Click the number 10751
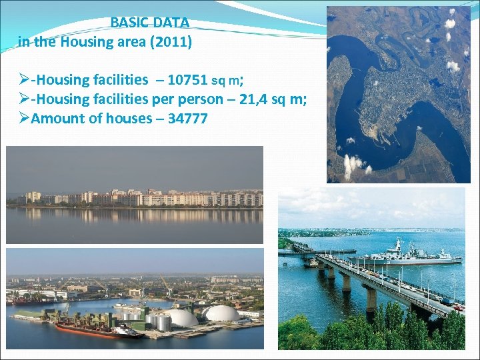coord(187,80)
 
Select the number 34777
coord(184,119)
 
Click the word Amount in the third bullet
coord(57,119)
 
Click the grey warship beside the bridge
coord(407,257)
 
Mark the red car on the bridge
coord(457,307)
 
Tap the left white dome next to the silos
coord(181,317)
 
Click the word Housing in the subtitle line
coord(87,43)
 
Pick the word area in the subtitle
coord(135,43)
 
